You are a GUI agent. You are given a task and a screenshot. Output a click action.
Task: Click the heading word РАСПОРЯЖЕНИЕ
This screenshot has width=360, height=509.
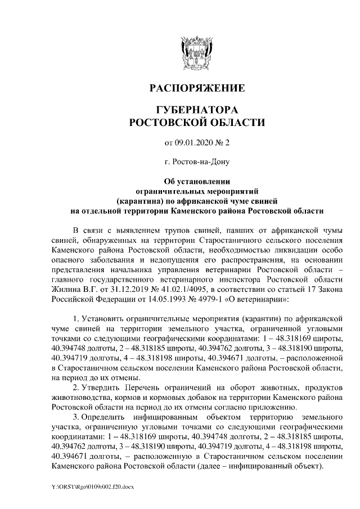pos(197,88)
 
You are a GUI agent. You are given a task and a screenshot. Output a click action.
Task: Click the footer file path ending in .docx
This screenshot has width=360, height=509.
pos(90,485)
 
